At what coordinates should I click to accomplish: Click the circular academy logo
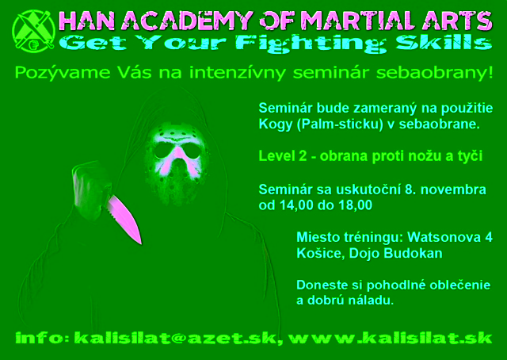pyautogui.click(x=33, y=31)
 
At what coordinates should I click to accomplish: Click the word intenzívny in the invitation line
pyautogui.click(x=238, y=73)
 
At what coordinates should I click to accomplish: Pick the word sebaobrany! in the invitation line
pyautogui.click(x=435, y=73)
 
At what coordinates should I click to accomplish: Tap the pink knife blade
pyautogui.click(x=125, y=218)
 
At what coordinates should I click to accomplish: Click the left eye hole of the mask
pyautogui.click(x=163, y=151)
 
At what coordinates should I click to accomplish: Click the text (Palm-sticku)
pyautogui.click(x=340, y=124)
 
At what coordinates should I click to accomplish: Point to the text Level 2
pyautogui.click(x=282, y=156)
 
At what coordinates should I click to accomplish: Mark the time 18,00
pyautogui.click(x=356, y=205)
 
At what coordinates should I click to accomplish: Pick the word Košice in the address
pyautogui.click(x=320, y=253)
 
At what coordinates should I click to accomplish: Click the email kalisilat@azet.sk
pyautogui.click(x=175, y=339)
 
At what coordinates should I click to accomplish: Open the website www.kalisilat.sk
pyautogui.click(x=390, y=338)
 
